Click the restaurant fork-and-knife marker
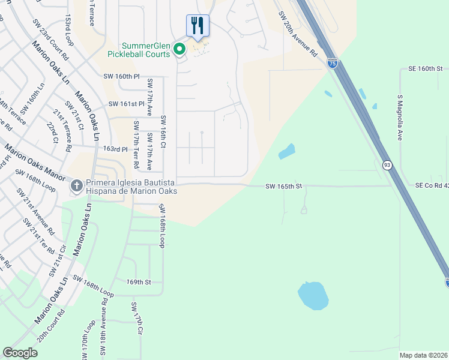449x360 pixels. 197,26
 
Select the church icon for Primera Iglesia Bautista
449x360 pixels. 76,185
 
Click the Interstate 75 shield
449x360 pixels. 333,63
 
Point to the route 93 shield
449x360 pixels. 388,165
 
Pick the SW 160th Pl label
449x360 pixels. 121,77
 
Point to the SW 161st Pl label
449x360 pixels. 127,104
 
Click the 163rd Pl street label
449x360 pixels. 115,149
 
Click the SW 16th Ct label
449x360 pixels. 162,133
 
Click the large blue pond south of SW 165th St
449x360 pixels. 313,295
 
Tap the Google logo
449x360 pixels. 20,353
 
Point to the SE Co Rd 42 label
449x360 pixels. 431,186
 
